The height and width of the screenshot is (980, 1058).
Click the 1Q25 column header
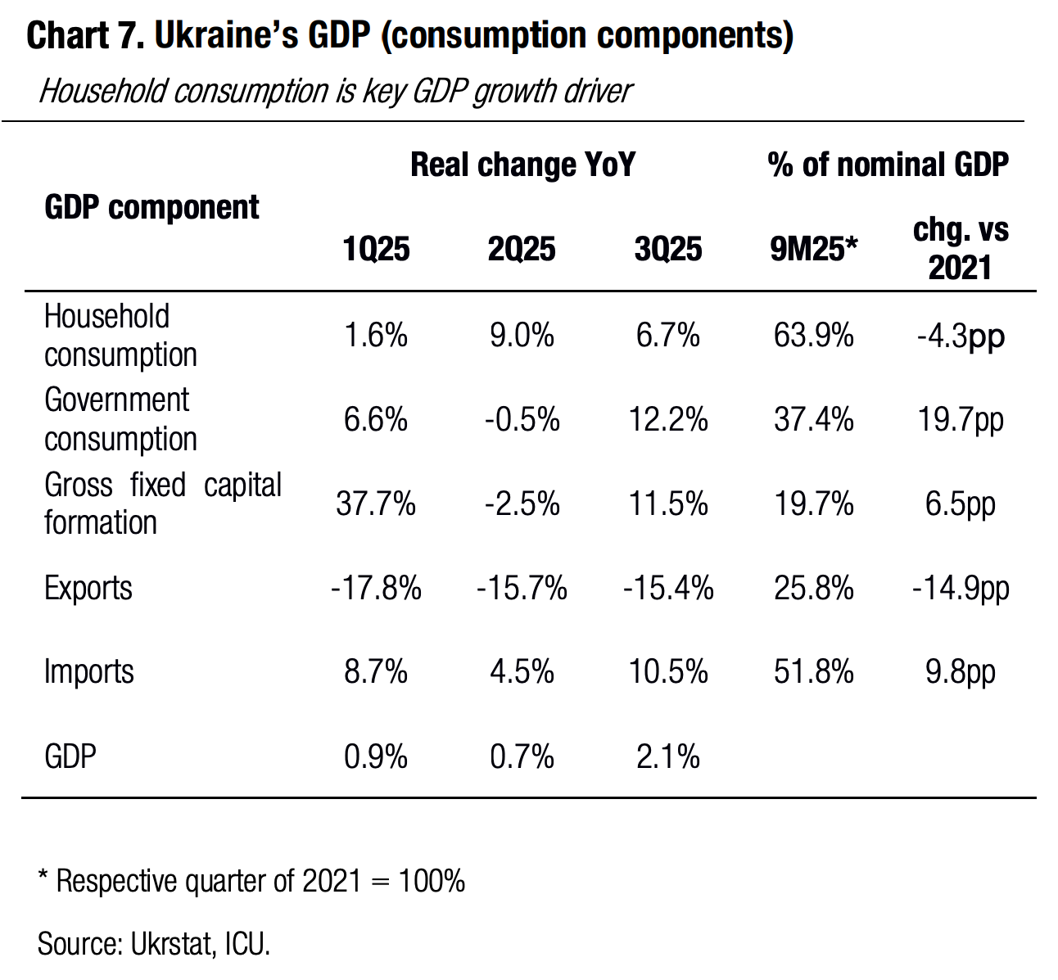[376, 250]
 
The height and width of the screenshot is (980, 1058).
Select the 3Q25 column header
[667, 250]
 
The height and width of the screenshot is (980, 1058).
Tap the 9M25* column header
[813, 250]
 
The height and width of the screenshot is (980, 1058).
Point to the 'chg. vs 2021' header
[961, 249]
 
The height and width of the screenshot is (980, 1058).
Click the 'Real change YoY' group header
[522, 165]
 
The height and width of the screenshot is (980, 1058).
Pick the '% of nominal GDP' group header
[888, 165]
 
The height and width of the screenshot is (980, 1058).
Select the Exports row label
[88, 588]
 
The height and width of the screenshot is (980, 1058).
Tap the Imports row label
[88, 671]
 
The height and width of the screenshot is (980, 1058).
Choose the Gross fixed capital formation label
[162, 504]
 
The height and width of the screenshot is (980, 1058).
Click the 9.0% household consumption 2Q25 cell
[522, 336]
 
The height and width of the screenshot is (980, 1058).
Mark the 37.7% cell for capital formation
[376, 504]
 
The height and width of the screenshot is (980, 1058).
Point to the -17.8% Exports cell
[376, 588]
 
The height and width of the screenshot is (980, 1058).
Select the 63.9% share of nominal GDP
[813, 336]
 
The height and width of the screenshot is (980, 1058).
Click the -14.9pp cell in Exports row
[961, 588]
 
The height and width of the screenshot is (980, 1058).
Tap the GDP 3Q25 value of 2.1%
[667, 756]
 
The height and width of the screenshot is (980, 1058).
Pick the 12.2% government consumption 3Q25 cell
[667, 420]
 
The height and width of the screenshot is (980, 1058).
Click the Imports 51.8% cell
[813, 671]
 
